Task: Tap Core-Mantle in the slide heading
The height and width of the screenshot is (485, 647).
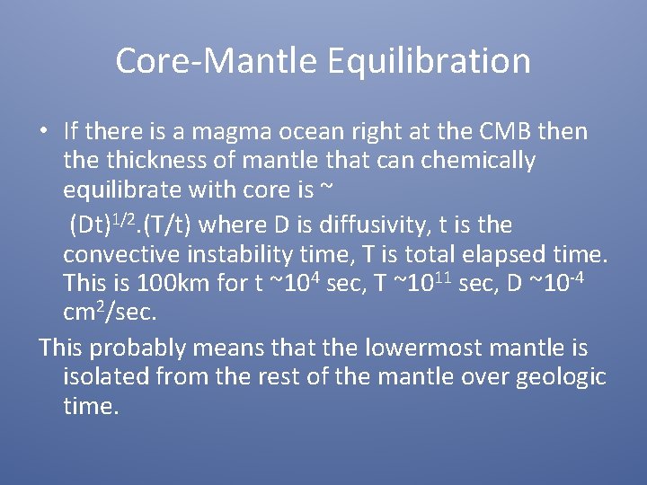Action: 217,62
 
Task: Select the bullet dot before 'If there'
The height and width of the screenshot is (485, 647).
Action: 43,131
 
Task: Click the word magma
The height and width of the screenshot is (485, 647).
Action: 252,131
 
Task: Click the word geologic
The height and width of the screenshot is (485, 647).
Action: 563,377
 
